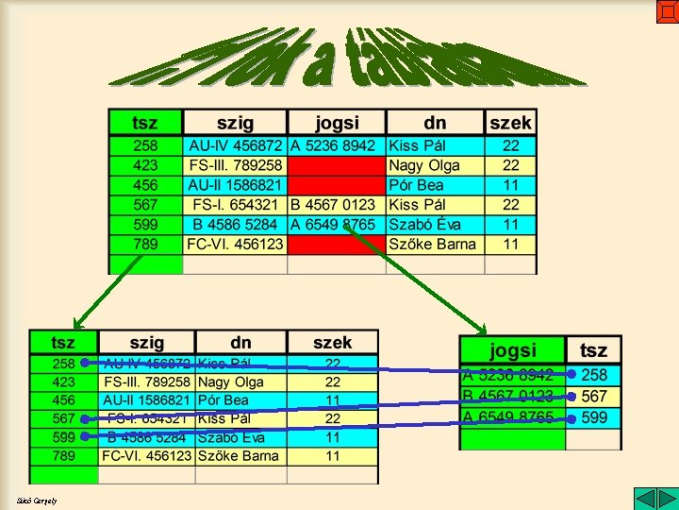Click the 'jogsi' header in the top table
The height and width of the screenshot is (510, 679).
click(x=337, y=123)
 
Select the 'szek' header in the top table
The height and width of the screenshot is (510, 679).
click(x=510, y=123)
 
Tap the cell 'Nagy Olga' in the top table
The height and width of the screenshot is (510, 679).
click(x=424, y=165)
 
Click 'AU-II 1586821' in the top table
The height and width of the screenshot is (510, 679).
click(x=235, y=185)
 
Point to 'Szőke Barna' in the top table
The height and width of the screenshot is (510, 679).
click(x=433, y=245)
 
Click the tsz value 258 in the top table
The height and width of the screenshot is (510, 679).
click(x=146, y=146)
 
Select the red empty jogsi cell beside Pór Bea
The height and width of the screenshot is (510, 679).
click(x=336, y=185)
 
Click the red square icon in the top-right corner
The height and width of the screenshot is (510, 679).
click(x=667, y=12)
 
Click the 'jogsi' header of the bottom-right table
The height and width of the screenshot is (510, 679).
click(x=513, y=350)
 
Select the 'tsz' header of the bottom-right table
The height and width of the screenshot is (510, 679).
click(x=594, y=350)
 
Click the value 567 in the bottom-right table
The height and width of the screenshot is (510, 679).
click(x=594, y=397)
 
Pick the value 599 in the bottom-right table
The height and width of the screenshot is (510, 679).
click(x=594, y=417)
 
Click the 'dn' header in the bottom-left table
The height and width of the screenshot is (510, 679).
click(x=240, y=343)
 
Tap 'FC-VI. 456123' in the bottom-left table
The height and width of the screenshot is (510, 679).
click(x=147, y=456)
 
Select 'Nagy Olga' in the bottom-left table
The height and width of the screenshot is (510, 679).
click(x=231, y=382)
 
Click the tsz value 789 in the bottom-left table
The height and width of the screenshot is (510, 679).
click(x=64, y=456)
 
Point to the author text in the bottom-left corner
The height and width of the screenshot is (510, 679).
click(x=37, y=501)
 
